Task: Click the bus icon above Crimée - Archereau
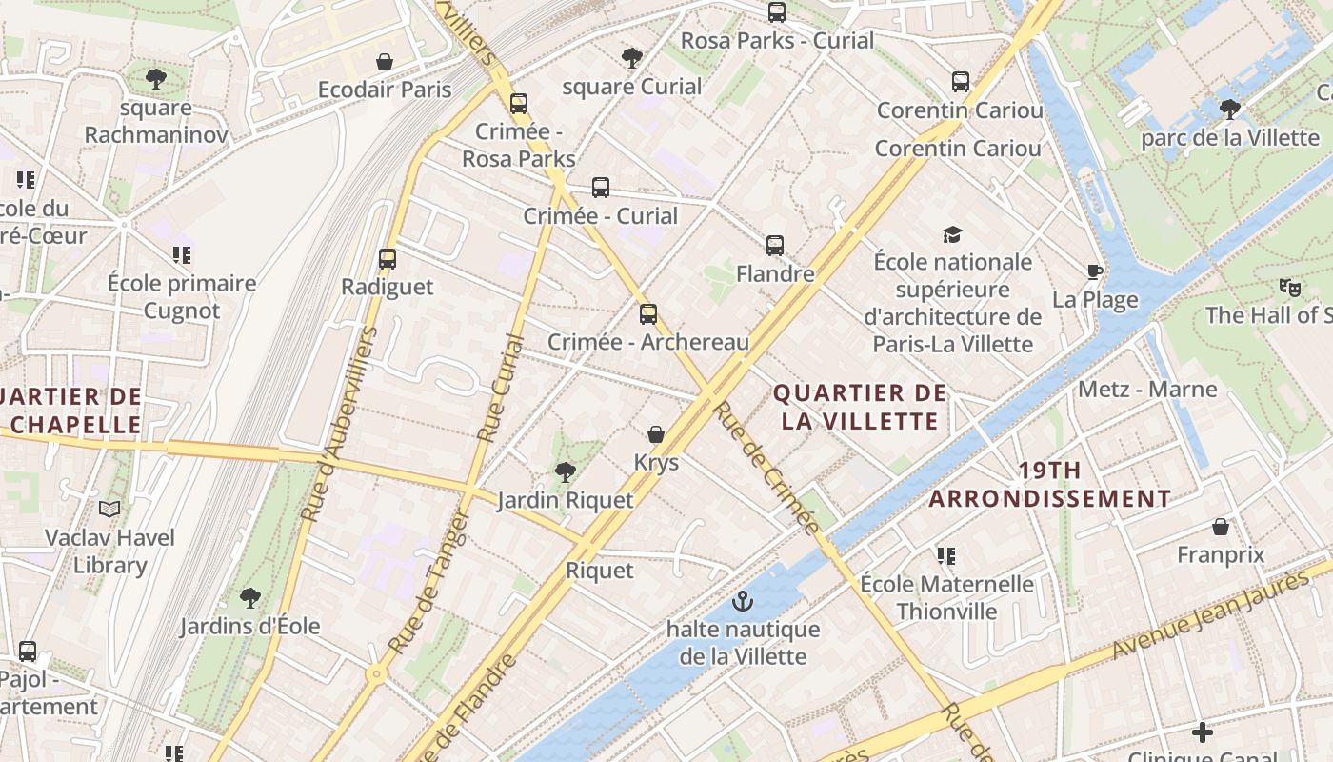tap(648, 313)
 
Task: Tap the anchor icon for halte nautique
tap(743, 601)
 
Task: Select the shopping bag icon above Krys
tap(656, 434)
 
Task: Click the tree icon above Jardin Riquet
tap(566, 471)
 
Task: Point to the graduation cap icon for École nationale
tap(952, 234)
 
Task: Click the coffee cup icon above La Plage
tap(1095, 272)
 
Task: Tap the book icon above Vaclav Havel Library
tap(110, 510)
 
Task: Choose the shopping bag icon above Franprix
tap(1221, 527)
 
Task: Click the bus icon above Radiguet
tap(387, 258)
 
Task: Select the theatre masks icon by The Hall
tap(1290, 287)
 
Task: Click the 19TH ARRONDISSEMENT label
tap(1049, 484)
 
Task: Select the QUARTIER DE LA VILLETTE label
tap(860, 407)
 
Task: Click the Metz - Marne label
tap(1147, 389)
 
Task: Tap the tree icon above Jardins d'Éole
tap(250, 598)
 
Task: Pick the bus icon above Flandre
tap(775, 246)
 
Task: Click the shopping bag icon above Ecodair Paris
tap(385, 62)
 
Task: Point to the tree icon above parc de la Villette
tap(1230, 109)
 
